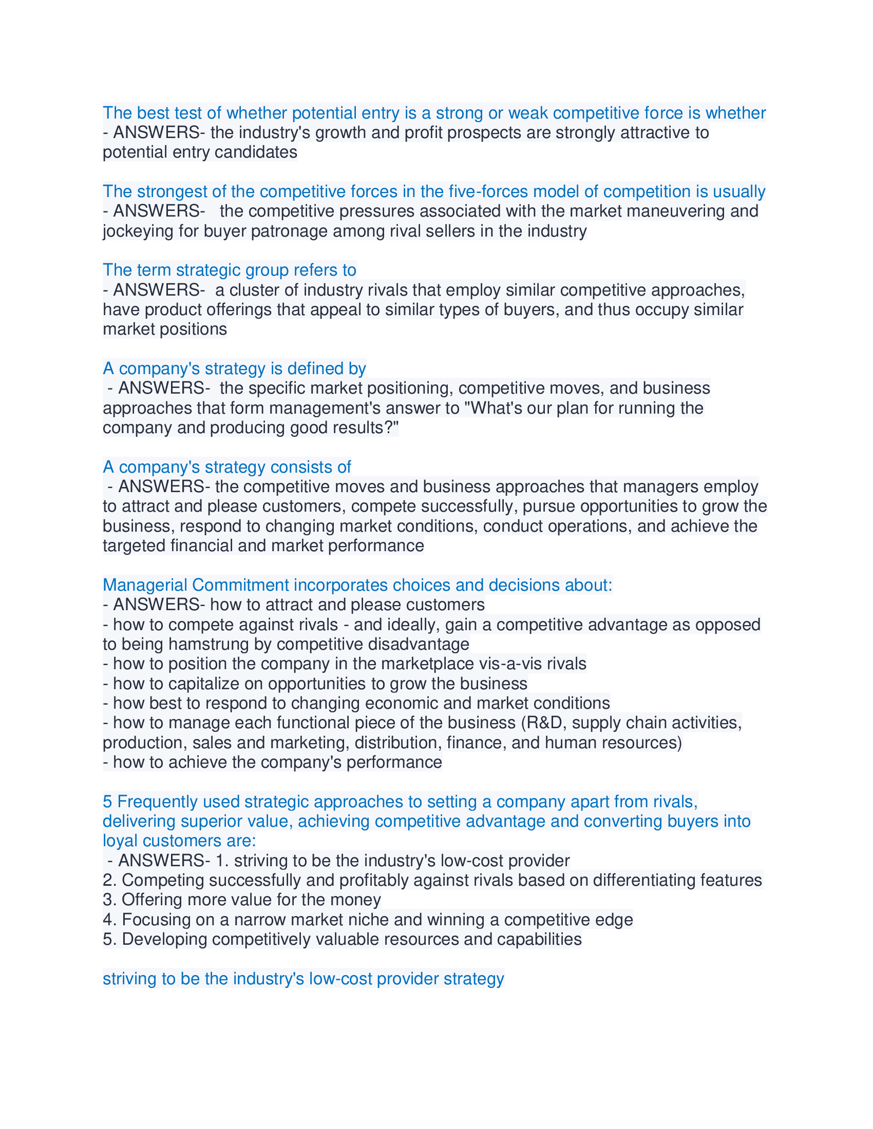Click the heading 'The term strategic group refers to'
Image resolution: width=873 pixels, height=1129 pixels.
pyautogui.click(x=229, y=270)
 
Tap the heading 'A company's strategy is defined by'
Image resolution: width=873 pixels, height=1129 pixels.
pyautogui.click(x=234, y=368)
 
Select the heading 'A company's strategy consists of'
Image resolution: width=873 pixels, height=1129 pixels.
pyautogui.click(x=226, y=467)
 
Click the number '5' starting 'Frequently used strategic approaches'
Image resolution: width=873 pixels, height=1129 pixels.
pyautogui.click(x=107, y=802)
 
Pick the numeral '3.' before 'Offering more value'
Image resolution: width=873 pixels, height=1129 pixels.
pyautogui.click(x=109, y=900)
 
